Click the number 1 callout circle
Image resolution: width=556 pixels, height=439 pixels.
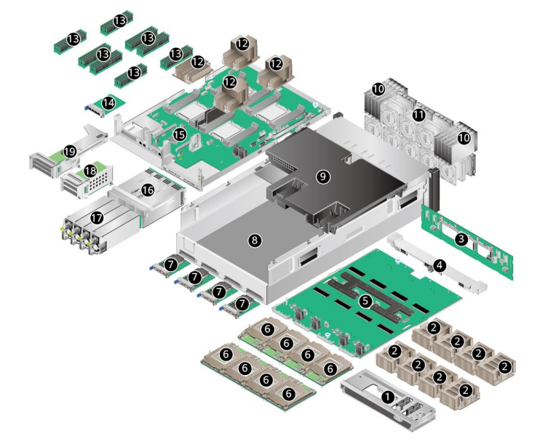pyautogui.click(x=388, y=397)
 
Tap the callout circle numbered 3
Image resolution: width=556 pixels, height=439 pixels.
pyautogui.click(x=461, y=238)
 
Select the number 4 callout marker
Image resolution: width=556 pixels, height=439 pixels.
pyautogui.click(x=439, y=266)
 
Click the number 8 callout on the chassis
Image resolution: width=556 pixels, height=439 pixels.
pyautogui.click(x=254, y=241)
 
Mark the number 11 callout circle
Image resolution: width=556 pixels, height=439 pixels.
pyautogui.click(x=419, y=115)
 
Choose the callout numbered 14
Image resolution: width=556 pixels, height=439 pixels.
pyautogui.click(x=108, y=104)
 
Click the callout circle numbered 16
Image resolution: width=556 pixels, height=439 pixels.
pyautogui.click(x=148, y=190)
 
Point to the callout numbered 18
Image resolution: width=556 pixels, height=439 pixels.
pyautogui.click(x=90, y=171)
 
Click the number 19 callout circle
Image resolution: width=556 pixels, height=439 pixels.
pyautogui.click(x=69, y=151)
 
